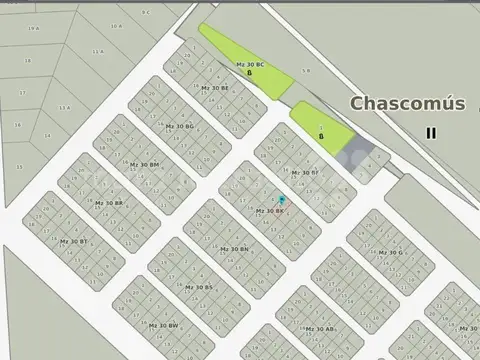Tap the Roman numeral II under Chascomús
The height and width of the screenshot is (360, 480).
pos(431,132)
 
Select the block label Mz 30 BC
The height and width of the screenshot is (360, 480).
pos(250,65)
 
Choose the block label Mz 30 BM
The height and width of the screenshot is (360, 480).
pos(144,164)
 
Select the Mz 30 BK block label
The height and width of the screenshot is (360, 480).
pos(270,211)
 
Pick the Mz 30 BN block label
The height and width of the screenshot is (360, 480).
pos(233,249)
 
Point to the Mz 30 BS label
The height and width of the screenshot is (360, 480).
pos(197,287)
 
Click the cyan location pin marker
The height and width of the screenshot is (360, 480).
pos(281,200)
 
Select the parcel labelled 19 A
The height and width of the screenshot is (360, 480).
pos(34,29)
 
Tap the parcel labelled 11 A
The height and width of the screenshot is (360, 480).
pos(97,51)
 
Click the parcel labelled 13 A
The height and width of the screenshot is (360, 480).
pos(65,107)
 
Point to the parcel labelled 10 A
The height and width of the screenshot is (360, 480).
pos(117,26)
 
